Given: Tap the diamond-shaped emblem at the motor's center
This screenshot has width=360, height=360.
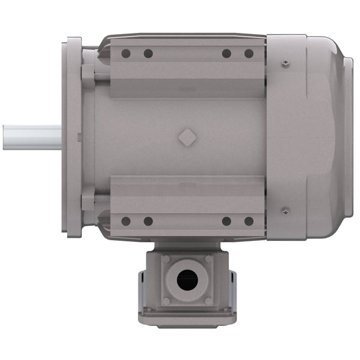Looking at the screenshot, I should click(186, 137).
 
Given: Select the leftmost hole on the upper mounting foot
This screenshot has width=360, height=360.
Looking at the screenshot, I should click(126, 53).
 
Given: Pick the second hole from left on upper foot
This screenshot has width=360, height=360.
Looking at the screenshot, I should click(148, 53).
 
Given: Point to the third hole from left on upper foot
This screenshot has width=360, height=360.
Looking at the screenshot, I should click(227, 53).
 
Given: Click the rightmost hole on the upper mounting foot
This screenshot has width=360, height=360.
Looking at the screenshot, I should click(249, 53).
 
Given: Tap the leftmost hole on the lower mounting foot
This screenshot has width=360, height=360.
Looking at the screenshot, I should click(126, 221).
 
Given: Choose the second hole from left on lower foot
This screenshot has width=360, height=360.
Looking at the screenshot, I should click(148, 221).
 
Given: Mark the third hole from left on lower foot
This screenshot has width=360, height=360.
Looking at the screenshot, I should click(227, 221).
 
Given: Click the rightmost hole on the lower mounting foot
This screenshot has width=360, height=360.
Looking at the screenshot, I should click(249, 221).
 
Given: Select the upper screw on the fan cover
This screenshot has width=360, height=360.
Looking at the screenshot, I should click(285, 63).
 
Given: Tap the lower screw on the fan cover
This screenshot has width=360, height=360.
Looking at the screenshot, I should click(285, 210).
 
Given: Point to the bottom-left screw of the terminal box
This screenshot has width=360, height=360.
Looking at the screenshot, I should click(166, 301).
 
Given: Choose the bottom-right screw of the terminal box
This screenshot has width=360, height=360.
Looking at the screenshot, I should click(208, 301).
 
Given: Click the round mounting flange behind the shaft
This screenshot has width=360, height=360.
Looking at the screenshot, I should click(73, 93).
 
